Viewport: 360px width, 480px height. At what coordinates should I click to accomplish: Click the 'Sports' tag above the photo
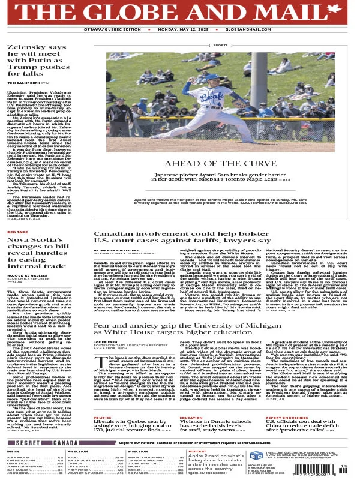pos(220,45)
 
